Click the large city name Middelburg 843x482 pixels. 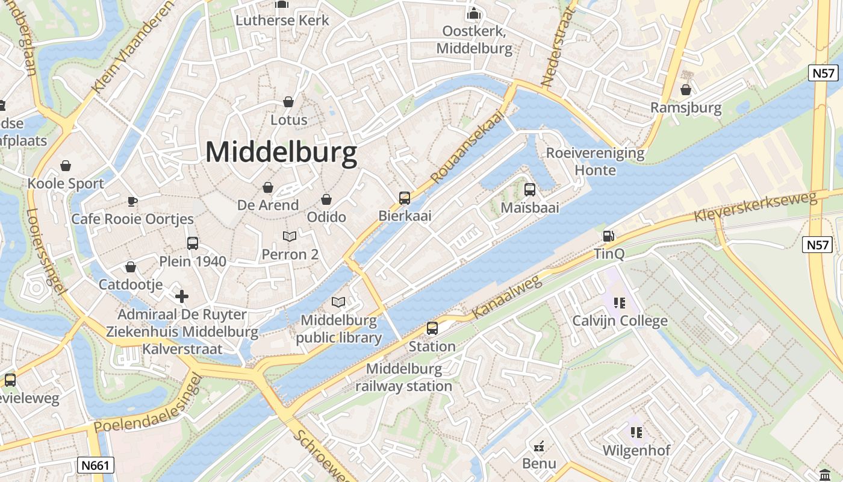281,152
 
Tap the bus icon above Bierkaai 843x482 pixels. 405,198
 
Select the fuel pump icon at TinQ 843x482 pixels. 609,236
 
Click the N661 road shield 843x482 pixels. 96,465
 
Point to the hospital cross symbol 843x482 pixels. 182,296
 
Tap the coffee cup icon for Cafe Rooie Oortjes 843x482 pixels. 132,201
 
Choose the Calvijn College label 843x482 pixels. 620,321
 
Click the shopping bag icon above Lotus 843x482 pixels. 288,102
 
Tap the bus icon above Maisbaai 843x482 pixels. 530,190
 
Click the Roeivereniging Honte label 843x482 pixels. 595,161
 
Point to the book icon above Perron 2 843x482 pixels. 290,237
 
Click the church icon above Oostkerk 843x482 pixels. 474,13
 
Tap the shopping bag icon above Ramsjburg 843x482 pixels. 686,90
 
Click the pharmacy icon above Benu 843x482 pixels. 539,446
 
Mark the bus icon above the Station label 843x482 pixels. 432,328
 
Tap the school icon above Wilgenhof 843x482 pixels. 636,432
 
